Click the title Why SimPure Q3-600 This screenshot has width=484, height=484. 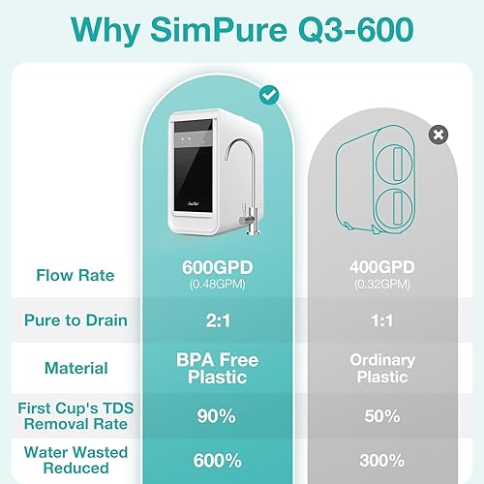point(242,30)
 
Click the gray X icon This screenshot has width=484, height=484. point(438,135)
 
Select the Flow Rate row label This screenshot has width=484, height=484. point(75,276)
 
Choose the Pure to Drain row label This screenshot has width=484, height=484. point(75,319)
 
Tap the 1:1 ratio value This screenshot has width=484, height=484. point(381,320)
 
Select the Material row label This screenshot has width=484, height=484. point(75,368)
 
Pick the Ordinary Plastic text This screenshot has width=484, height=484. point(381,368)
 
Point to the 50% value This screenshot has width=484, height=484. point(381,415)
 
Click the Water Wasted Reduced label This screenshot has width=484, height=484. point(75,459)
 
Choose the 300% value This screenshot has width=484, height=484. point(381,460)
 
